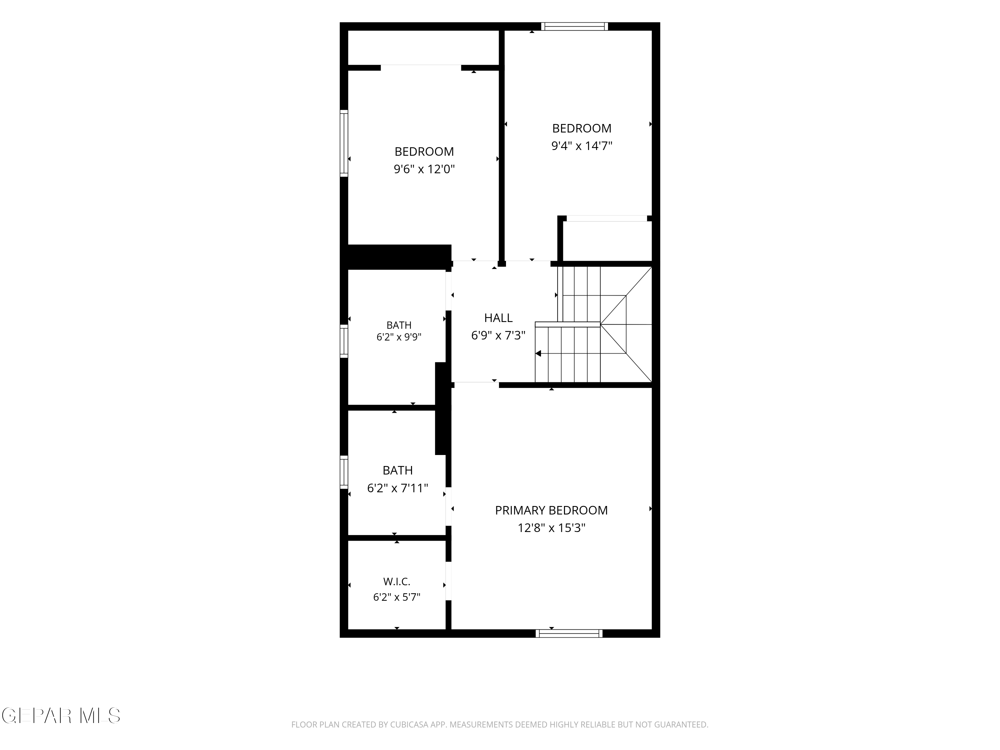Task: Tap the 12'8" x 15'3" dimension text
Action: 552,528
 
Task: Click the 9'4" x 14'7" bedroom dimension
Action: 582,146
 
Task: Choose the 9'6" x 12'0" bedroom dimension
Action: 424,169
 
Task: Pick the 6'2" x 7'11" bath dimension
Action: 397,488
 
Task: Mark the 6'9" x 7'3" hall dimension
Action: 498,335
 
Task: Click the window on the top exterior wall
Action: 575,26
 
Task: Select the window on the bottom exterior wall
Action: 569,633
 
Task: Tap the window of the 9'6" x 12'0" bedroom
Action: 344,143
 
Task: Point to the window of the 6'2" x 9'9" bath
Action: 344,341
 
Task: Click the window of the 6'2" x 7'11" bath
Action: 344,472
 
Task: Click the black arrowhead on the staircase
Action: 538,354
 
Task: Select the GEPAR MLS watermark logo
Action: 61,716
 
